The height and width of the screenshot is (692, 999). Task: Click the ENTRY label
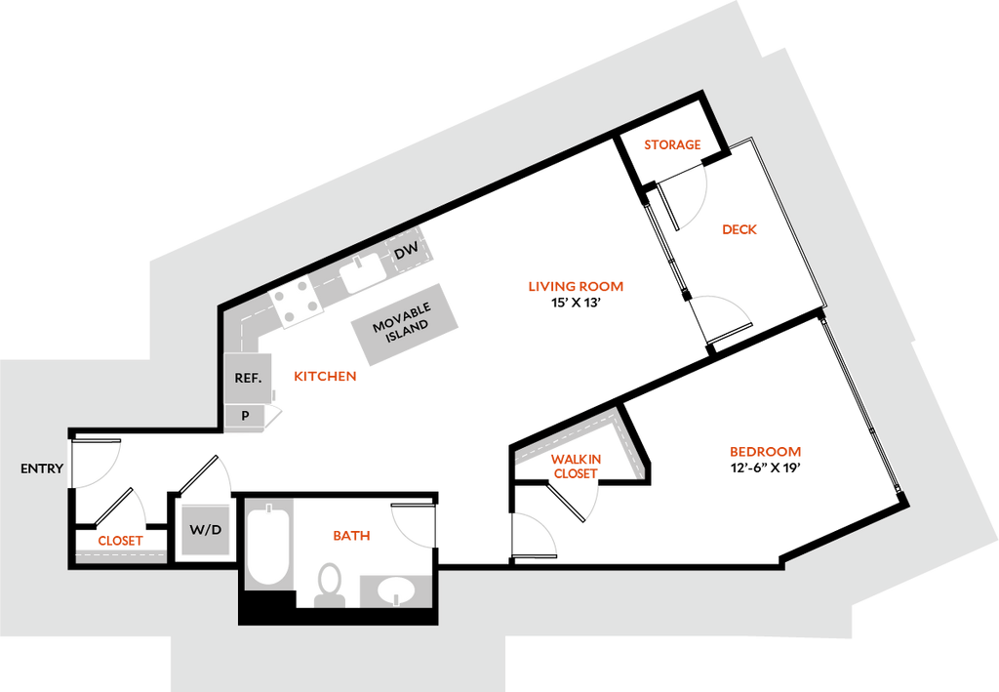point(42,468)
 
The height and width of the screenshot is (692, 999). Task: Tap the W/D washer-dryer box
point(206,530)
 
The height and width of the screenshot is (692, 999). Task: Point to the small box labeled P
point(245,416)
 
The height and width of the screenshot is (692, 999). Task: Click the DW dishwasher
point(407,252)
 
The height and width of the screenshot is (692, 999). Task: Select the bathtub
point(268,544)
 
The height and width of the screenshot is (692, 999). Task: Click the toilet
point(329,583)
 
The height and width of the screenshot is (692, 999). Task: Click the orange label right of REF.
point(325,376)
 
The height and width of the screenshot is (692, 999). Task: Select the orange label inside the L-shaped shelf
point(577,466)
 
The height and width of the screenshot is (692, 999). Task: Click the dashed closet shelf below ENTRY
point(121,553)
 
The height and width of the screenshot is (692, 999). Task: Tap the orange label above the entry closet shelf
point(120,540)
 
